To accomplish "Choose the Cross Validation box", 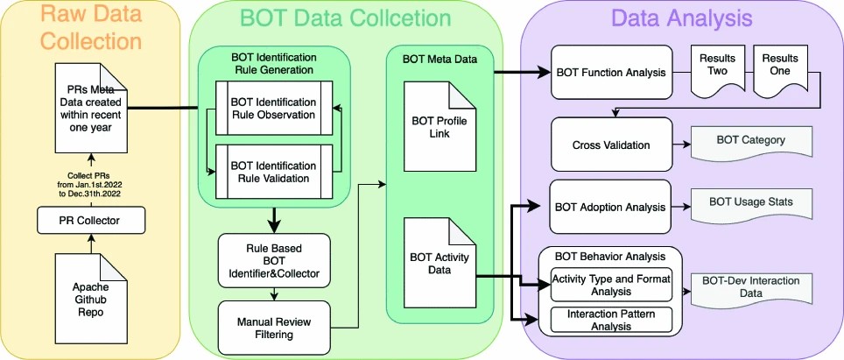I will point(609,144).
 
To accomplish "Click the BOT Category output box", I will point(751,139).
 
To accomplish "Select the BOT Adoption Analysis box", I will point(609,208).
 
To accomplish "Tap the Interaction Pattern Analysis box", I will point(610,320).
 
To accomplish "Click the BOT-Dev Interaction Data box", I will point(751,289).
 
